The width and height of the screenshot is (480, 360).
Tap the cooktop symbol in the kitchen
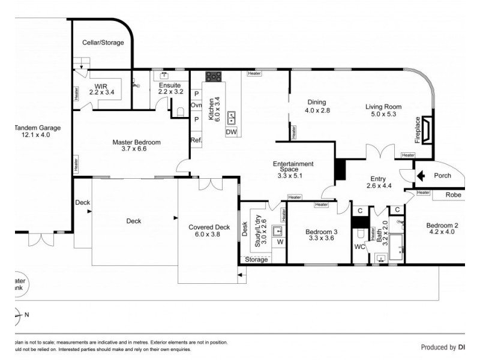click(x=214, y=77)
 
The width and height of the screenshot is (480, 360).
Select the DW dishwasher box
click(x=232, y=132)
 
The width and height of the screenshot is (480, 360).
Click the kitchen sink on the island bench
click(x=232, y=116)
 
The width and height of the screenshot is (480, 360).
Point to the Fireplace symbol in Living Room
click(x=427, y=130)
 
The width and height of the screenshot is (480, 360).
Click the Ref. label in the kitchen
click(x=196, y=140)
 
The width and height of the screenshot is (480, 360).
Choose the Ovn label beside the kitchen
click(x=196, y=106)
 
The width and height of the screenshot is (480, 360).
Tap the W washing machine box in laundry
click(x=280, y=242)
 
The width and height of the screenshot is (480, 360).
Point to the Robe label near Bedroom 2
click(x=453, y=195)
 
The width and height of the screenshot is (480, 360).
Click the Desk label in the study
click(x=244, y=229)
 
